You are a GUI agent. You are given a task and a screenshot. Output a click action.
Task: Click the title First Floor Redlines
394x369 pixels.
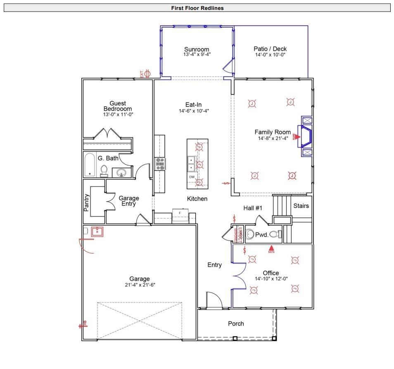(x=197, y=8)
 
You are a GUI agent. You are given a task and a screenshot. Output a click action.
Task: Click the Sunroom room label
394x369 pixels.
(x=197, y=50)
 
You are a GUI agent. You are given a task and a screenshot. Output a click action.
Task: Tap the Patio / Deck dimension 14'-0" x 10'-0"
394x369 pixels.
(x=270, y=54)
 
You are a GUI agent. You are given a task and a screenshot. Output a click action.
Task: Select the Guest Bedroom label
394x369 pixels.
(x=118, y=106)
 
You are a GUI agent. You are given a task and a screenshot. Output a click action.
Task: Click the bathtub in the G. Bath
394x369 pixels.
(x=90, y=165)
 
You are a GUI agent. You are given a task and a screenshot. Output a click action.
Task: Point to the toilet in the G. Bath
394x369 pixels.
(x=104, y=170)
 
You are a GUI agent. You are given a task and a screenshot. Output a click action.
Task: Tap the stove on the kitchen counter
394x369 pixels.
(x=160, y=164)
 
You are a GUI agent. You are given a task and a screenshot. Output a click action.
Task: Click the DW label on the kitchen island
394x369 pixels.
(x=192, y=177)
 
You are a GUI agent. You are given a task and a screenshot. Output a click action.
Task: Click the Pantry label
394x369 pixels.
(x=87, y=203)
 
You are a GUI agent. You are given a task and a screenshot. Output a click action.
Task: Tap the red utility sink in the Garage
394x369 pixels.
(x=97, y=232)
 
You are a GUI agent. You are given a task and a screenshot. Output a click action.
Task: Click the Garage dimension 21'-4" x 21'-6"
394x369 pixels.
(x=140, y=285)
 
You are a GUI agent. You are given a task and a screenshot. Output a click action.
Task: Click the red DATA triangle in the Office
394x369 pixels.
(x=271, y=248)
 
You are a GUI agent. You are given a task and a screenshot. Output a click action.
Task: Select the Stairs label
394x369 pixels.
(x=301, y=206)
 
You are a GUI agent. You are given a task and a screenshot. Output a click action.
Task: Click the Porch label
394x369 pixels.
(x=236, y=324)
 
